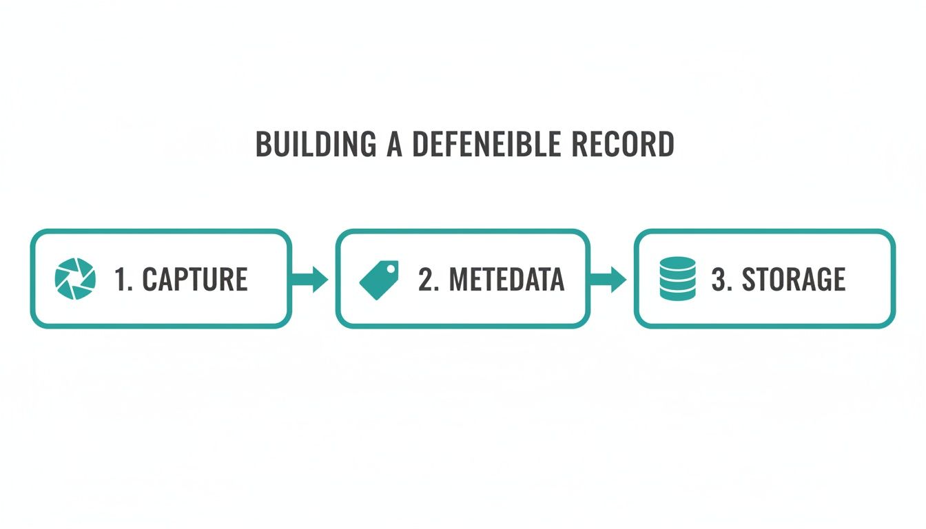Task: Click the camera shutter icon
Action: pyautogui.click(x=74, y=279)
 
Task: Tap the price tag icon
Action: pyautogui.click(x=380, y=279)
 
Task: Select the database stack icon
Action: pyautogui.click(x=677, y=278)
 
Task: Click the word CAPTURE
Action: pyautogui.click(x=195, y=279)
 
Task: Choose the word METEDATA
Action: pyautogui.click(x=507, y=279)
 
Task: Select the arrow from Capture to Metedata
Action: pyautogui.click(x=310, y=279)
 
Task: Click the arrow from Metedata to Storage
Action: pyautogui.click(x=608, y=279)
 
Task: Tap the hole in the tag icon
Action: pyautogui.click(x=391, y=268)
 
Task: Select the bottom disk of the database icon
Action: pyautogui.click(x=677, y=293)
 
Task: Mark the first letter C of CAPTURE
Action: pyautogui.click(x=150, y=279)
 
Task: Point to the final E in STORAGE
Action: pyautogui.click(x=838, y=279)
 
